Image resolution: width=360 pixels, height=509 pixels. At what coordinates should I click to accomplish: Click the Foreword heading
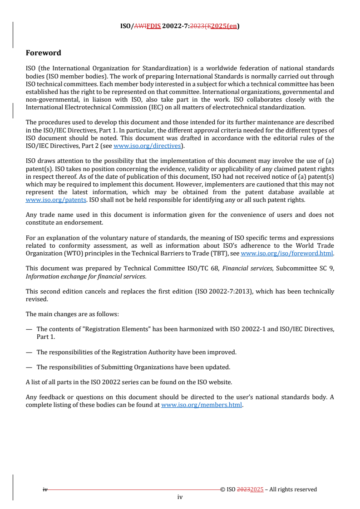(44, 53)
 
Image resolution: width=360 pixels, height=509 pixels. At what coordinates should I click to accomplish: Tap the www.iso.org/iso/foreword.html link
(287, 253)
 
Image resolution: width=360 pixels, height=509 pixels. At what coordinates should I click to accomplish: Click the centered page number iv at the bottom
(180, 497)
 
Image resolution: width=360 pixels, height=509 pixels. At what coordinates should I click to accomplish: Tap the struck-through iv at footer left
(45, 489)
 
